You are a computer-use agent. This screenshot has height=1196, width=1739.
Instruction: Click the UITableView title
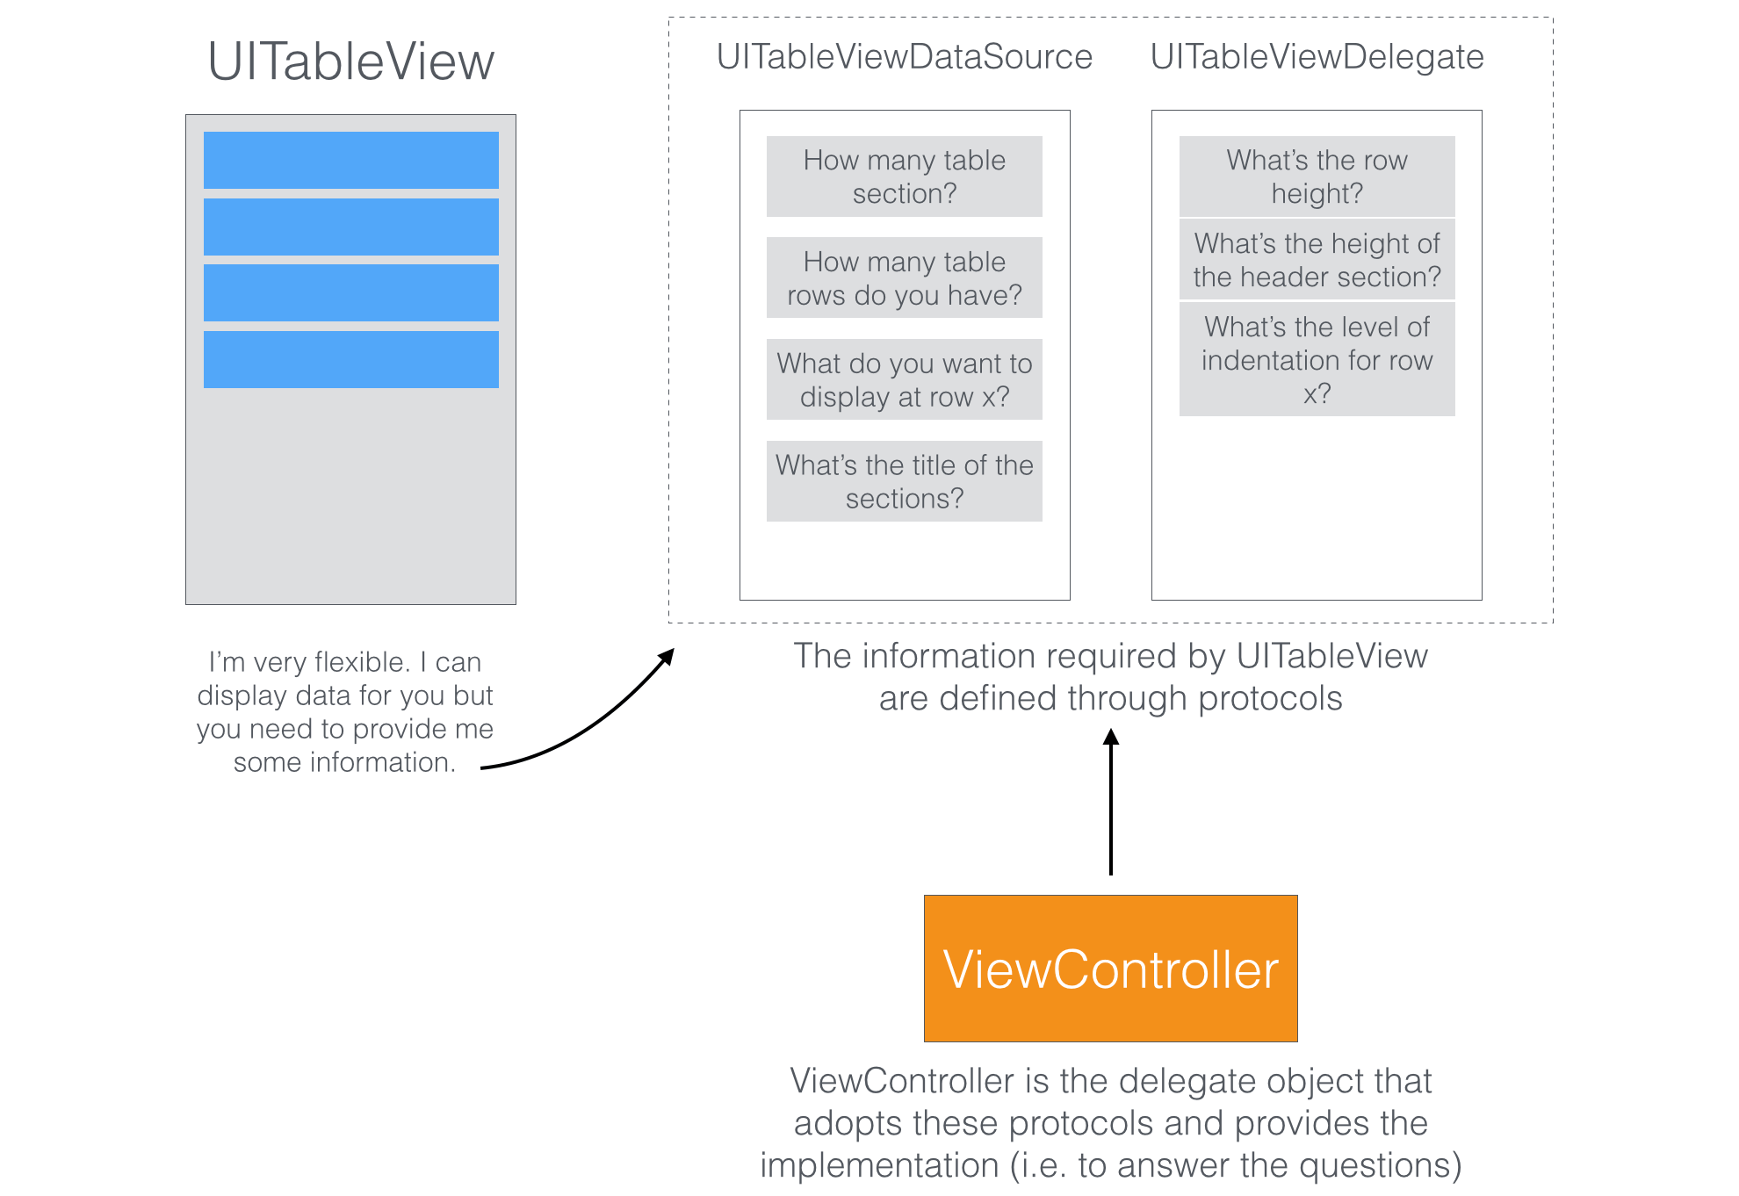(350, 62)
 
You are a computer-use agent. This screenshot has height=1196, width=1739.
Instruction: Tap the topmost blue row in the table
(350, 160)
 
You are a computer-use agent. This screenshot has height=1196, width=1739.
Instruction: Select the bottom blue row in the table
(350, 359)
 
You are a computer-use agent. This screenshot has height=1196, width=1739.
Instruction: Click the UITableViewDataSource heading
(904, 57)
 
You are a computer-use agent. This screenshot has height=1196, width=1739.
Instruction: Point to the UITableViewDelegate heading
(1317, 57)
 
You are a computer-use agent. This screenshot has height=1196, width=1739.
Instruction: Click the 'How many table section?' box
(904, 177)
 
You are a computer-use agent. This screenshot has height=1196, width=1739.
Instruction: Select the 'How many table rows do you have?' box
(904, 277)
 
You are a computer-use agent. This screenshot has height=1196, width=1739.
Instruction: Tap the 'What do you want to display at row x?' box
(904, 379)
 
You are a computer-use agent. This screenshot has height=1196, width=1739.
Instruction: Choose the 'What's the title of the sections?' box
(904, 481)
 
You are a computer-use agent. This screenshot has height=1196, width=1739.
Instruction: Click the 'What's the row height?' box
(1317, 177)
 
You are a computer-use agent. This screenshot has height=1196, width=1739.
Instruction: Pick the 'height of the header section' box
(1317, 260)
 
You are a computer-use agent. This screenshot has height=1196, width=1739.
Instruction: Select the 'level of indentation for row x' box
(1317, 359)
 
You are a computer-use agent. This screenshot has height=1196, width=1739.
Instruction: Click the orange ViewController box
(1110, 969)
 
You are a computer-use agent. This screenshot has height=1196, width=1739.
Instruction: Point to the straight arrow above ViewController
(1111, 803)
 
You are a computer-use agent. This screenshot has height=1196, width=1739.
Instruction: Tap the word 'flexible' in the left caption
(361, 662)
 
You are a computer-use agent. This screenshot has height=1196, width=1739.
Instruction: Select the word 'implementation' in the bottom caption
(879, 1165)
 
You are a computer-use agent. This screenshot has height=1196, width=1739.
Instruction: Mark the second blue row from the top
(350, 227)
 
